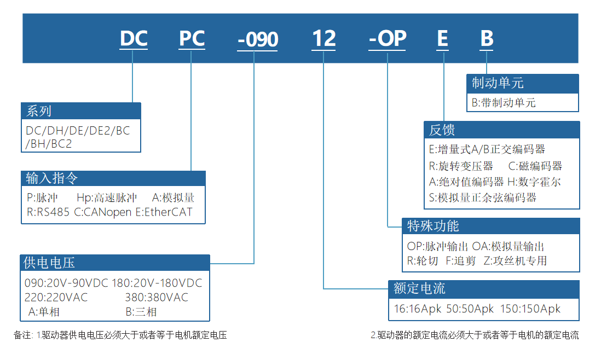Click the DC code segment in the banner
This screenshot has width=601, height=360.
coord(134,39)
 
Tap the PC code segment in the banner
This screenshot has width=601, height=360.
coord(192,39)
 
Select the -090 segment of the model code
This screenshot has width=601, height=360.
coord(258,39)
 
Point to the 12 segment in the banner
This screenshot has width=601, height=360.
coord(323,39)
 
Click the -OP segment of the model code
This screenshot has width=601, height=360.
coord(388,39)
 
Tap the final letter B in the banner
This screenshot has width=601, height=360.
coord(487,39)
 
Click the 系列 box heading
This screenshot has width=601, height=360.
coord(39,111)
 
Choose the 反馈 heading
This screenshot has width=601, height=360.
coord(442,130)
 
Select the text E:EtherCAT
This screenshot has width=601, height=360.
coord(164,212)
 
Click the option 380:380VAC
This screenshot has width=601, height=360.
coord(157,298)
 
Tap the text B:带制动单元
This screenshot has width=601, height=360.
coord(504,103)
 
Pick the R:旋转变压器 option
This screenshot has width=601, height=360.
coord(461,166)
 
